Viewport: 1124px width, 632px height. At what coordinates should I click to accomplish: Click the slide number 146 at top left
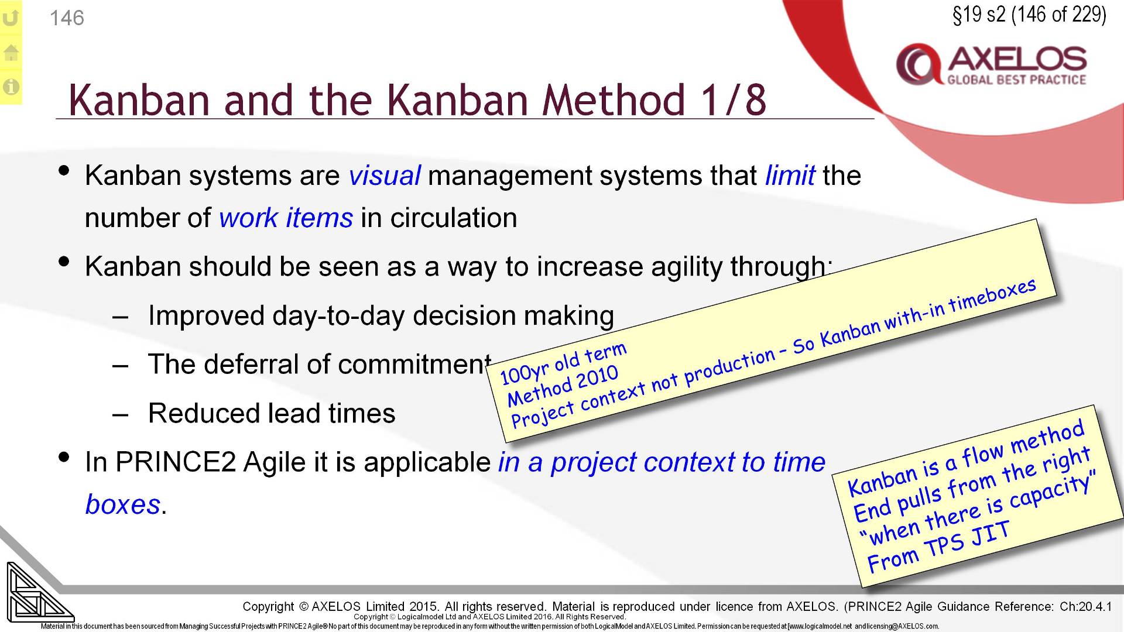(67, 18)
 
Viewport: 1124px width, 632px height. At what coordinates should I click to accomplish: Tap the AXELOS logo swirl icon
(917, 64)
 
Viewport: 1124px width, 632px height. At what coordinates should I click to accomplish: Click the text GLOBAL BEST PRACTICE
(1016, 80)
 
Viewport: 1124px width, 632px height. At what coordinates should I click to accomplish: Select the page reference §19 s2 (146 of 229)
(1029, 15)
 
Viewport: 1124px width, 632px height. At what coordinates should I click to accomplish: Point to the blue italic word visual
(384, 176)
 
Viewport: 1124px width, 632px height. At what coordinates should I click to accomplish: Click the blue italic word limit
(790, 176)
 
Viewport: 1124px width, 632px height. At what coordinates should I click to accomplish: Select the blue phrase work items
(286, 218)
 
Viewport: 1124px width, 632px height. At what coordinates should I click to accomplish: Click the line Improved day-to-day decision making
(381, 316)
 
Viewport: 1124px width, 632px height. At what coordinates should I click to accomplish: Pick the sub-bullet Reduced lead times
(272, 414)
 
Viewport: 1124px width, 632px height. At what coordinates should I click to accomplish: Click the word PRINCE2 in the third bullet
(175, 462)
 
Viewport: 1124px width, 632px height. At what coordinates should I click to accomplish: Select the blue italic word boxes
(122, 504)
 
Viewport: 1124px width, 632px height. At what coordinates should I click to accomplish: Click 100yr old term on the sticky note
(563, 363)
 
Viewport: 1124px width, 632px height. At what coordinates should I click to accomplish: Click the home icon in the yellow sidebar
(11, 53)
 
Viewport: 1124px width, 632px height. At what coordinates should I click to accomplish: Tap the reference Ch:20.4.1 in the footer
(1085, 606)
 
